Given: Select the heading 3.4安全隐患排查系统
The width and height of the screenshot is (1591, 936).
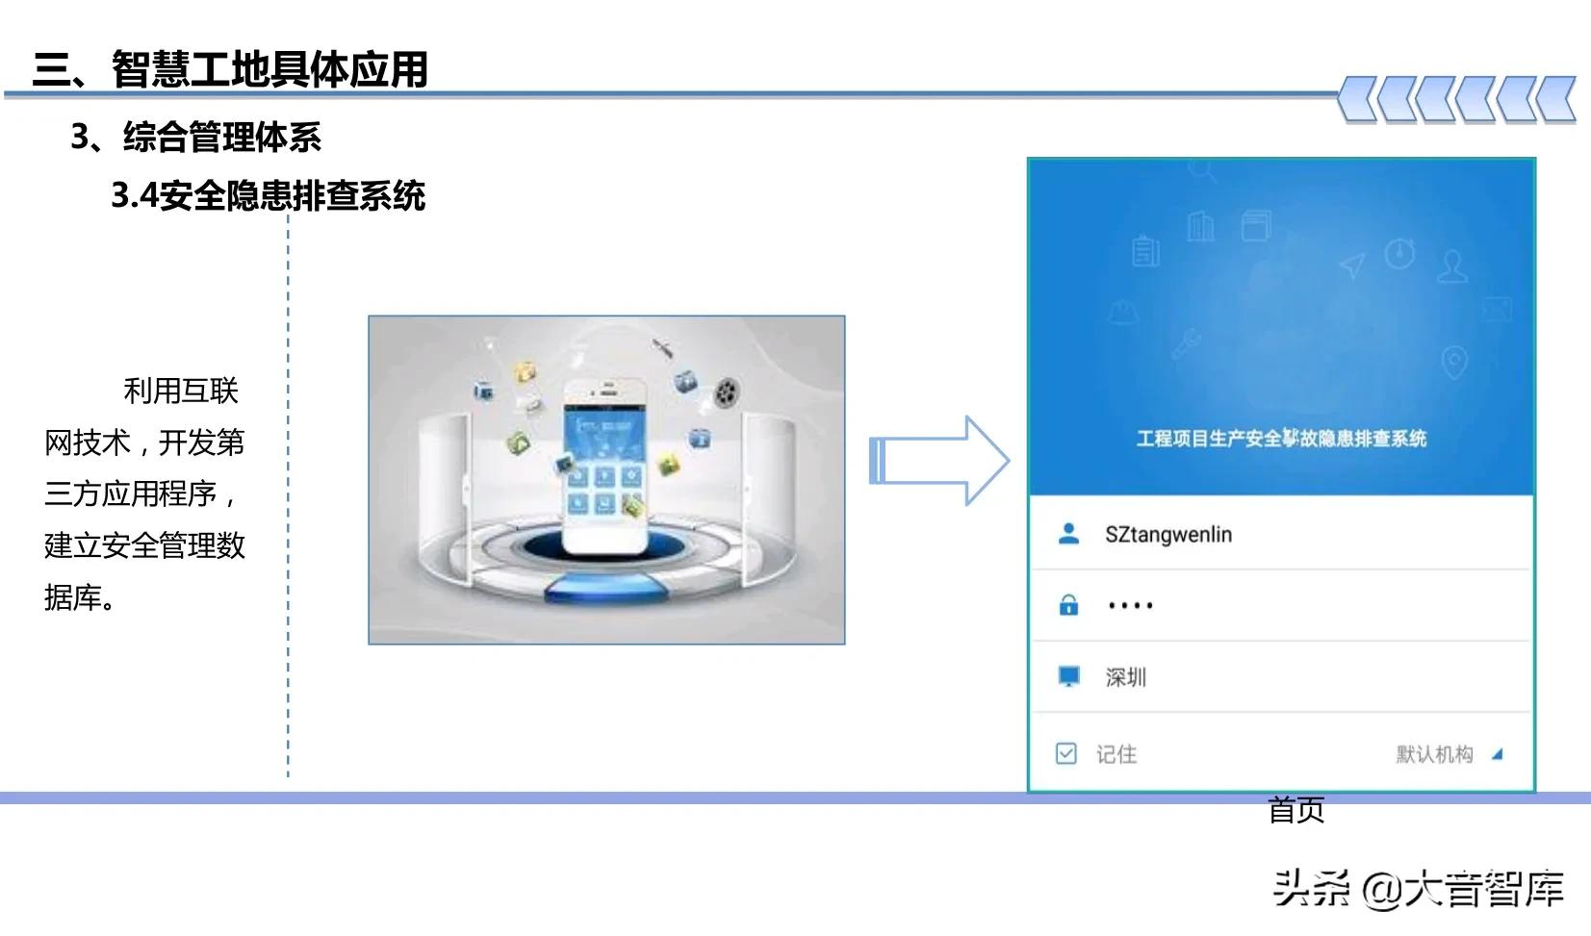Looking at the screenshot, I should [269, 195].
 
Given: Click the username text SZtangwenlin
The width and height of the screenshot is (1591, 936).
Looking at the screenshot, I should [1168, 535].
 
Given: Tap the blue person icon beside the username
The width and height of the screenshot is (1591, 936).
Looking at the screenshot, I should [1068, 534].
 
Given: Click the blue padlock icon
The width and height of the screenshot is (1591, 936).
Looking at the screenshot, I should [1068, 605].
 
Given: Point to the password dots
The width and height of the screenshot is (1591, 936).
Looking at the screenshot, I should [1130, 606].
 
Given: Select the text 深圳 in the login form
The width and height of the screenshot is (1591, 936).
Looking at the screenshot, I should [1125, 677].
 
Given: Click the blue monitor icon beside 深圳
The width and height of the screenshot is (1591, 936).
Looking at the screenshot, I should [1068, 676].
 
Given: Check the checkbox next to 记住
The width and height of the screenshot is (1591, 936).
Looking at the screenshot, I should [1066, 753].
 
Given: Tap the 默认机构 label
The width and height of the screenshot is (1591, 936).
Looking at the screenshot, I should [1434, 754].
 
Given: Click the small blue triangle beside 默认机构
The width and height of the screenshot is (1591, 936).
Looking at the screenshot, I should [1497, 754].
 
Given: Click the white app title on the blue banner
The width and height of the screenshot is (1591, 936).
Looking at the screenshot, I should [1281, 439].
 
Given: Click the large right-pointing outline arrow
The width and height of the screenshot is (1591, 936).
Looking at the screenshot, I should [938, 461].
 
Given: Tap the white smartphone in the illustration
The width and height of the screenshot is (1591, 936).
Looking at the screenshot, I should [604, 467].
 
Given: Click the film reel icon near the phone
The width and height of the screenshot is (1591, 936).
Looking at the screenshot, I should [727, 392].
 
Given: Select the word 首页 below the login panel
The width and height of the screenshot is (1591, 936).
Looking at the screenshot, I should [1296, 810].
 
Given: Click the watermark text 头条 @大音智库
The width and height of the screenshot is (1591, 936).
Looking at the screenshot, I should [1418, 888].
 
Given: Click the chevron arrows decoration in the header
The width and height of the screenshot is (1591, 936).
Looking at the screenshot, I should [1457, 99].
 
